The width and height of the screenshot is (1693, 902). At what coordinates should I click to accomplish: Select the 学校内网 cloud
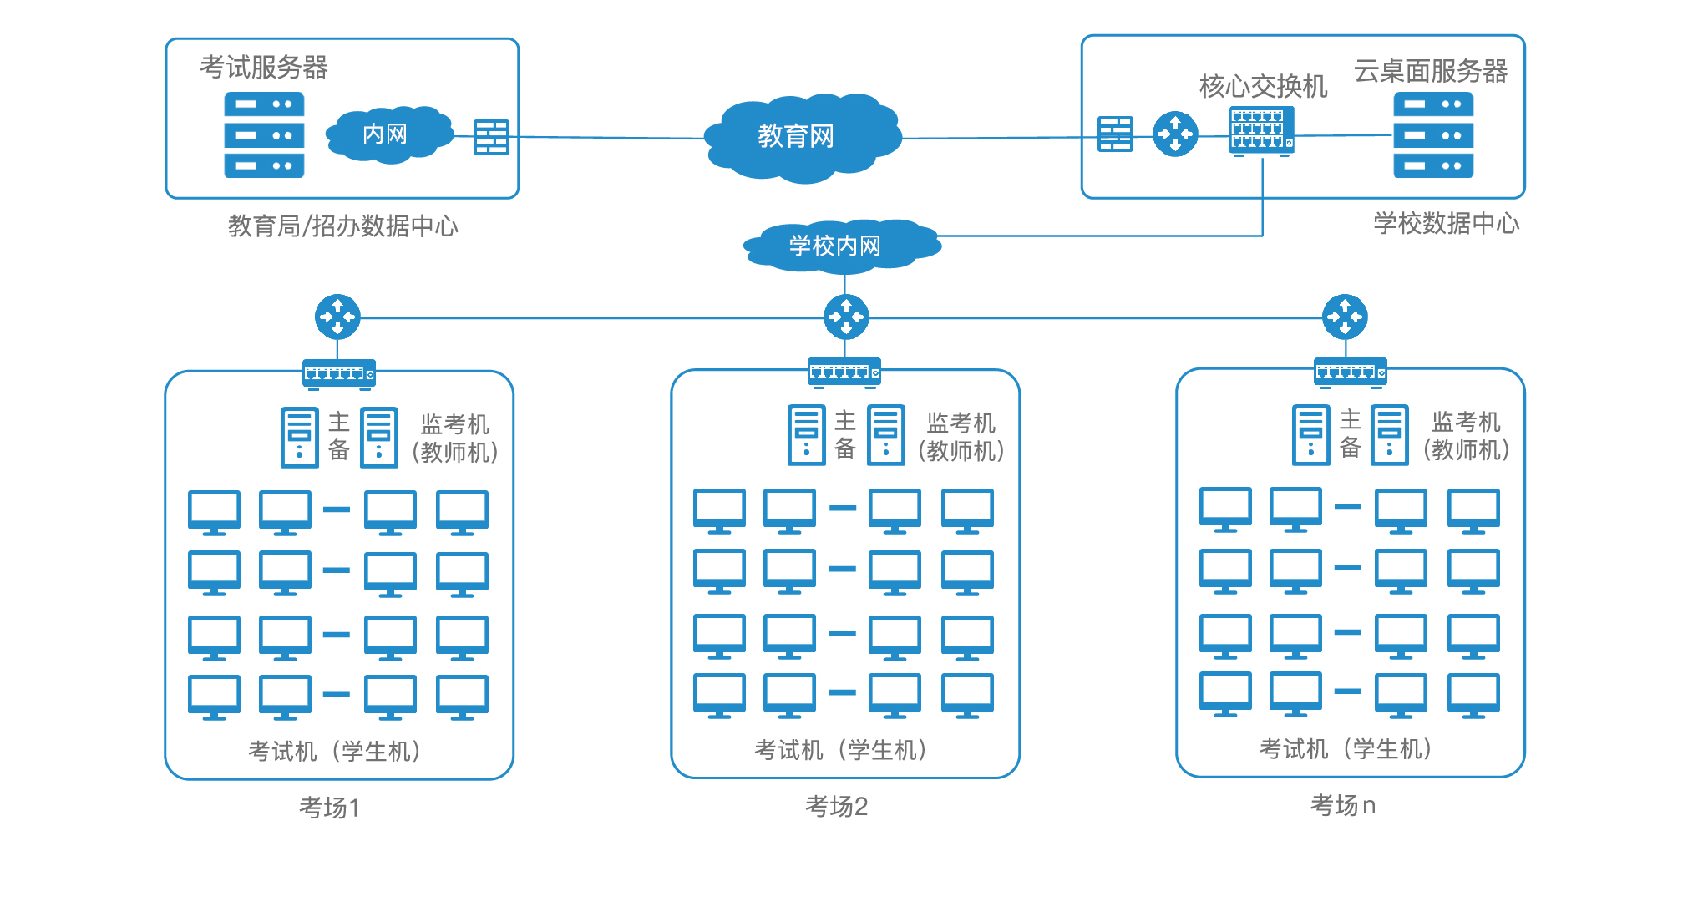pos(839,246)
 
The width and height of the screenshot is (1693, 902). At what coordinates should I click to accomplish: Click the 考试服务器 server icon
pos(264,134)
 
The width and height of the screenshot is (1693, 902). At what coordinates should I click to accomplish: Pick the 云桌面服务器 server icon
pos(1432,134)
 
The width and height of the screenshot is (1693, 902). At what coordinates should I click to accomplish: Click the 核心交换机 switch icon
pos(1261,130)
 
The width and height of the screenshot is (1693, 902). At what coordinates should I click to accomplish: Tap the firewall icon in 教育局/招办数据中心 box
pos(491,137)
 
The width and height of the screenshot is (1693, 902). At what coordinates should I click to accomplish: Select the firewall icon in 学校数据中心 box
pos(1115,134)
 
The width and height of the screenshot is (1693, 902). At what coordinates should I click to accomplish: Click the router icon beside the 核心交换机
pos(1174,134)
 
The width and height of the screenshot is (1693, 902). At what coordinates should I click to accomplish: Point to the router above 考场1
pos(337,317)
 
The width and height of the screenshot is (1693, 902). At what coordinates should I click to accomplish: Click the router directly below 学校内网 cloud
pos(845,317)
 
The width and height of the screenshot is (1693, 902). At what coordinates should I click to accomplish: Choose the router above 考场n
pos(1345,317)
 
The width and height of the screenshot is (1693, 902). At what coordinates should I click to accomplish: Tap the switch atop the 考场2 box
pos(844,372)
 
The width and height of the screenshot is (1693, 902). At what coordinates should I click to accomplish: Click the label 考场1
pos(329,808)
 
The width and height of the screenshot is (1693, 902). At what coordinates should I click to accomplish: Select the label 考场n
pos(1342,805)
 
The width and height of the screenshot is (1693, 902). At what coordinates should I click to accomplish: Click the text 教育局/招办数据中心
pos(343,225)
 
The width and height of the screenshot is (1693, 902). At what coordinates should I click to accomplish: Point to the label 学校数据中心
pos(1446,223)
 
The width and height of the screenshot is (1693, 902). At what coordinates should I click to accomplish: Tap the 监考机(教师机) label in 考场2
pos(961,437)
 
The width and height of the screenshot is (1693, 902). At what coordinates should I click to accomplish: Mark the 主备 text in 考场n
pos(1350,433)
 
